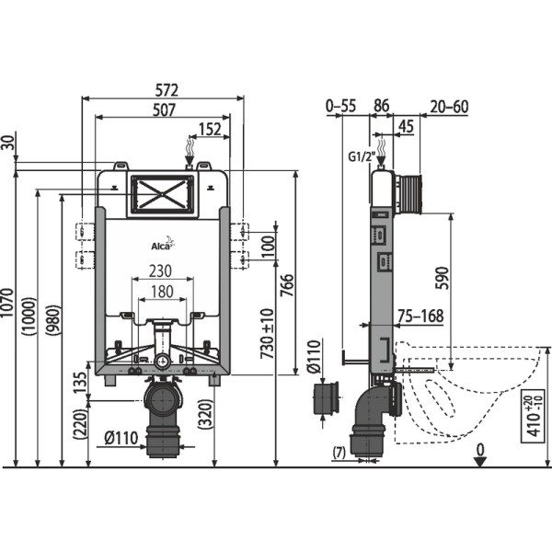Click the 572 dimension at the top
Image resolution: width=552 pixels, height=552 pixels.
[166, 90]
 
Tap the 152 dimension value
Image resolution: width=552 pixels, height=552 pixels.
[210, 131]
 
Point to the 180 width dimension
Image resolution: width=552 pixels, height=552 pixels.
[163, 292]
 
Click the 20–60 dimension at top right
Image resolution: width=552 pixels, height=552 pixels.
[448, 107]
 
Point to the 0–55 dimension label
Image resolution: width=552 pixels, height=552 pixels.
[340, 107]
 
